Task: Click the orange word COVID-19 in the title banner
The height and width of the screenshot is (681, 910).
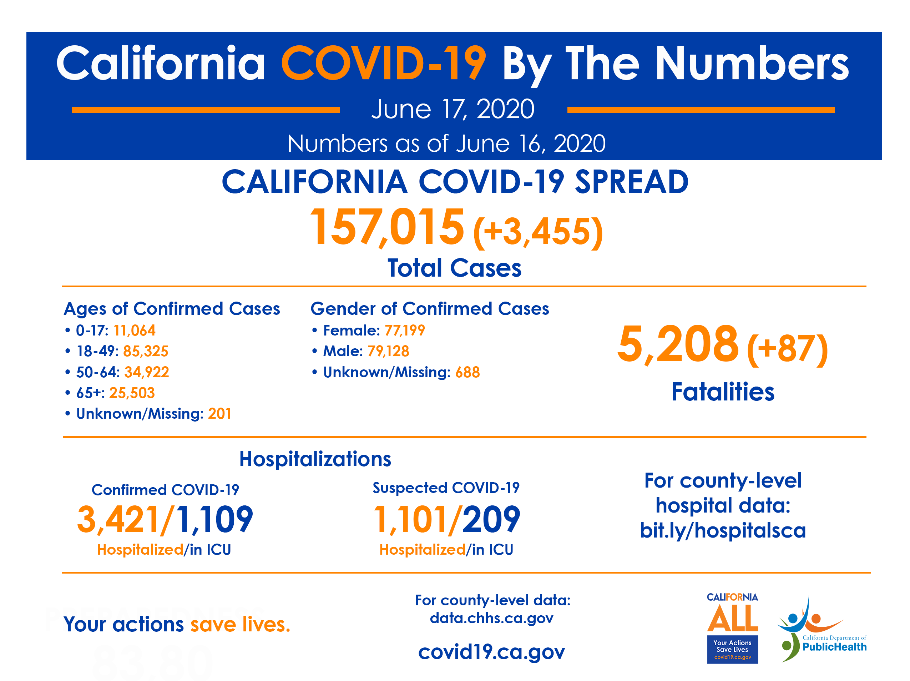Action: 383,64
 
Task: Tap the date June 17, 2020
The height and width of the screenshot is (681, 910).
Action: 453,110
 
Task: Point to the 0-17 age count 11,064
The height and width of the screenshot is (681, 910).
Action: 135,331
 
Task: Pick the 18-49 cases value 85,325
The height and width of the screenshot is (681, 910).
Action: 146,351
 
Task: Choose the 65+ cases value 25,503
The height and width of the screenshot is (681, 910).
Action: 132,393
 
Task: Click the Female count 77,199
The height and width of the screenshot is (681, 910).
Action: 404,331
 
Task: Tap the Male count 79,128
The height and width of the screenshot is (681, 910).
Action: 388,351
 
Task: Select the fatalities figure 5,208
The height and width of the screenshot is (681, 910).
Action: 678,344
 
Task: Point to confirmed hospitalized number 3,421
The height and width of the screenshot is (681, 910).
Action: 118,519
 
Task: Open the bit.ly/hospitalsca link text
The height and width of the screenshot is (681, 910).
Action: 722,530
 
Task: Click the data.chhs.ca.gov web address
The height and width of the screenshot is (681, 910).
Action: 492,618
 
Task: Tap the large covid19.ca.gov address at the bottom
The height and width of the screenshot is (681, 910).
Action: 492,651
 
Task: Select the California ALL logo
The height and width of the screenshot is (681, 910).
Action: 732,627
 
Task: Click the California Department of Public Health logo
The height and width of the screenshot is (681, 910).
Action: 821,630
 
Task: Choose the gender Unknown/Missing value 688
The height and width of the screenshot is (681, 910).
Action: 467,372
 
